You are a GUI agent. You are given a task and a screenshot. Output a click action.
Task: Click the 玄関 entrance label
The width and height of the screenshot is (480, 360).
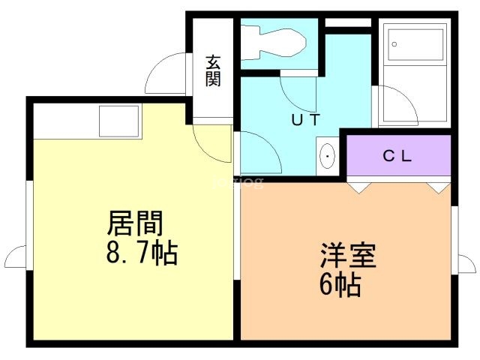point(213,70)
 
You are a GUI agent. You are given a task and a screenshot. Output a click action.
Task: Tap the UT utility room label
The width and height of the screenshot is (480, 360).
point(306,120)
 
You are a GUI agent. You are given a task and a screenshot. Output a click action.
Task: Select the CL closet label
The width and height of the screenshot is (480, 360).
point(397,157)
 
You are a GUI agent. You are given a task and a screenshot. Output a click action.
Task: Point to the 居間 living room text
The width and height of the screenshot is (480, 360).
point(135,223)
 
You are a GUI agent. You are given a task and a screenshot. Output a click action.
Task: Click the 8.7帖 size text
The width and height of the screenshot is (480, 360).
point(142,253)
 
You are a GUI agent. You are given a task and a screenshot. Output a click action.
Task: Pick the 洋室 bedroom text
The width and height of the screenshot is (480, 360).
point(348,255)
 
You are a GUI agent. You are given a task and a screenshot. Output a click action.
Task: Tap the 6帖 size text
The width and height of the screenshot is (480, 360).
point(340,284)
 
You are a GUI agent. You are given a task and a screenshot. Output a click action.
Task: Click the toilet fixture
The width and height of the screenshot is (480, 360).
point(273,43)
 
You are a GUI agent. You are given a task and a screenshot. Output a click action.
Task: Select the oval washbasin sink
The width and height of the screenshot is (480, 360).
point(327,156)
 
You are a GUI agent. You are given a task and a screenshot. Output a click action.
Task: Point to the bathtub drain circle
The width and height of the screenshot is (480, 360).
point(394,44)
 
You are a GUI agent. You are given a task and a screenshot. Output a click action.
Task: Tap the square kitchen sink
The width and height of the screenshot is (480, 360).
point(119,121)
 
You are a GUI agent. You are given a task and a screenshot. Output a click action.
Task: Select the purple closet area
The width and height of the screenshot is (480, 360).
point(398,155)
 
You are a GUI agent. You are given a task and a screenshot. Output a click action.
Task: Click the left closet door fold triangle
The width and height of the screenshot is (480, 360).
point(359,188)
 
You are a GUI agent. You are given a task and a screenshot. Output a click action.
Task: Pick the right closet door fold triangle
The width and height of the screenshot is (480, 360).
point(438,188)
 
